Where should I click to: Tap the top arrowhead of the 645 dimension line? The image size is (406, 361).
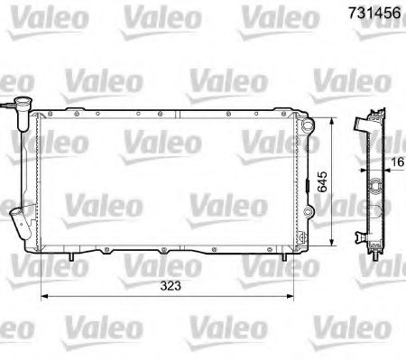(x=334, y=119)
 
